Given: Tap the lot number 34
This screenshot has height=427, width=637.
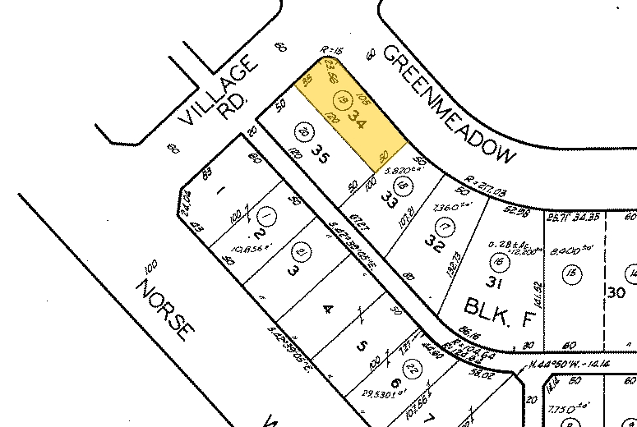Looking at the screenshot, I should [x=357, y=120].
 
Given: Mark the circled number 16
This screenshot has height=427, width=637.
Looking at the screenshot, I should [x=498, y=262].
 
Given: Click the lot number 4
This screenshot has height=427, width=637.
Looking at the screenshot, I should [x=328, y=310].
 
